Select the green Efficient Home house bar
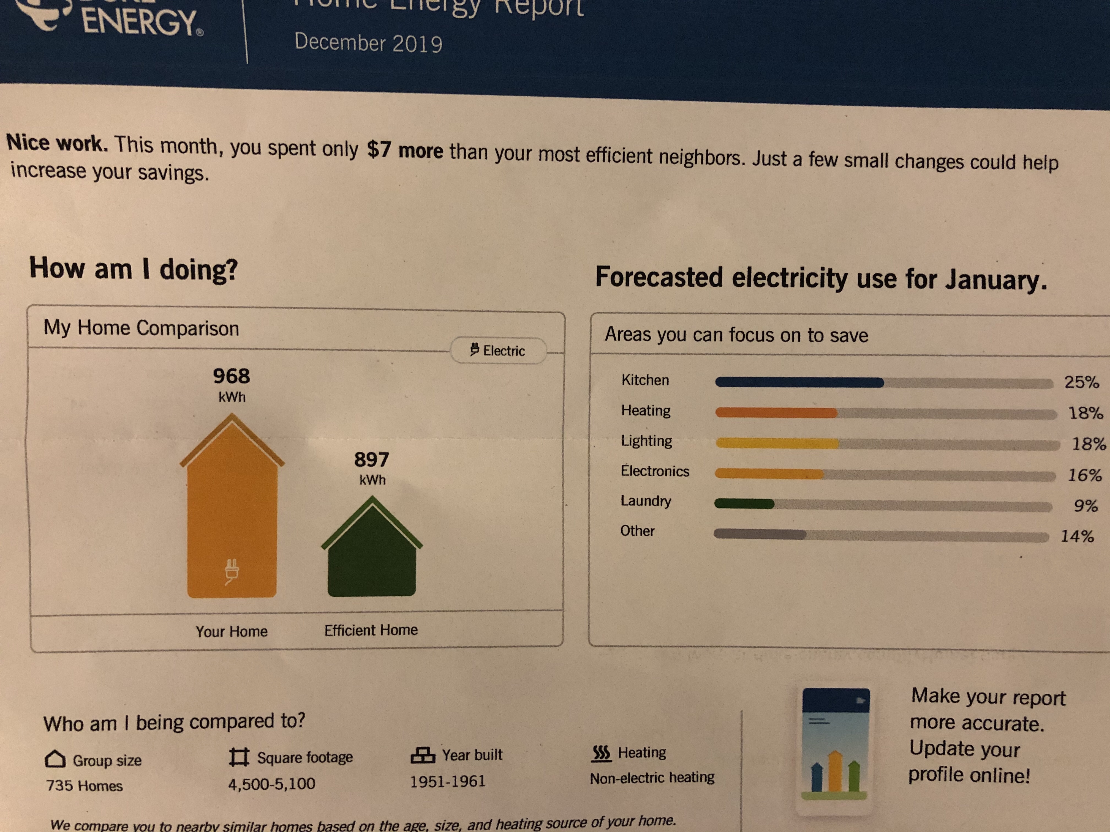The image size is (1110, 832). (372, 557)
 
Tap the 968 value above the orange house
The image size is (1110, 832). (231, 376)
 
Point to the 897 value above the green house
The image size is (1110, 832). (371, 459)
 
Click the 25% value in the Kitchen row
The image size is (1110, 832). (1081, 382)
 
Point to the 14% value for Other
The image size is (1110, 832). (1077, 536)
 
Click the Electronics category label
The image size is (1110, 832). (655, 471)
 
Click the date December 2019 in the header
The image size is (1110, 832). (368, 43)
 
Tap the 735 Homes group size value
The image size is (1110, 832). (84, 785)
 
